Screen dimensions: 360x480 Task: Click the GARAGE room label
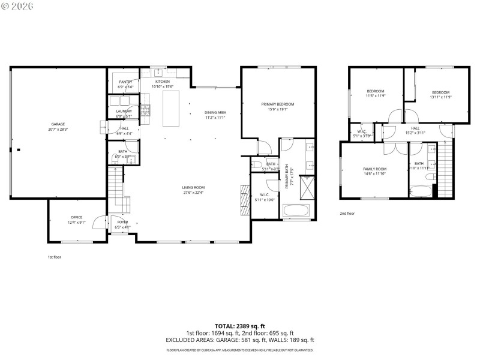click(x=58, y=124)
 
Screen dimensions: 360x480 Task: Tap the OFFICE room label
click(x=76, y=217)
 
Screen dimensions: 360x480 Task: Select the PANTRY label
click(x=125, y=82)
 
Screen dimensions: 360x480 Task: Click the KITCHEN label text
click(x=162, y=82)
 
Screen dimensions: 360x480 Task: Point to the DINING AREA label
click(x=215, y=112)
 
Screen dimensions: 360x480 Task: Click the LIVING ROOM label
click(x=193, y=188)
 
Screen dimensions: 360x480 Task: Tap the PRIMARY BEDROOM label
click(x=278, y=104)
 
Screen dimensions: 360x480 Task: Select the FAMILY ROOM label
click(x=374, y=169)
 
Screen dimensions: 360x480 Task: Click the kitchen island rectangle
click(x=171, y=109)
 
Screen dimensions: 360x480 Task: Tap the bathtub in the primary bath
click(x=295, y=211)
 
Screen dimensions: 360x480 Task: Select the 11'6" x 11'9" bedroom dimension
click(x=375, y=96)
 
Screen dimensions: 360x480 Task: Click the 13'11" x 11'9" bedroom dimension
click(x=440, y=96)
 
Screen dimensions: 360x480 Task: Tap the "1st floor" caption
click(x=55, y=257)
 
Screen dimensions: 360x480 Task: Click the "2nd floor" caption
click(x=347, y=213)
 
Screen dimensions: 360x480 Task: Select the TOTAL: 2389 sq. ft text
click(x=239, y=325)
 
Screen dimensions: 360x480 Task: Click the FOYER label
click(x=122, y=222)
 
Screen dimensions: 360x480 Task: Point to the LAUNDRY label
click(x=124, y=111)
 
